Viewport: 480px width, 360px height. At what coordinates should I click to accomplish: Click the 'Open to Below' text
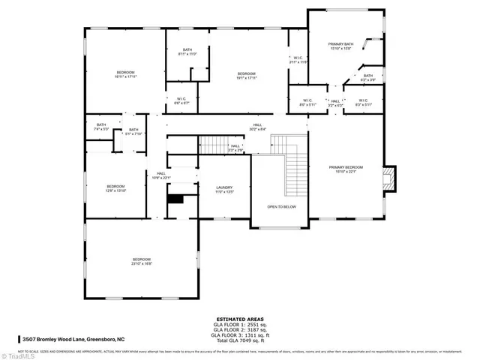click(281, 206)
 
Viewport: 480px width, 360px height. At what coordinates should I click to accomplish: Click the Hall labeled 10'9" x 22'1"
click(161, 175)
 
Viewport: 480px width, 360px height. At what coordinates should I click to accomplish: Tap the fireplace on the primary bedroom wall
click(388, 177)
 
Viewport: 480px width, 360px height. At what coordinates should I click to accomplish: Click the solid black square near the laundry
click(175, 199)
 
